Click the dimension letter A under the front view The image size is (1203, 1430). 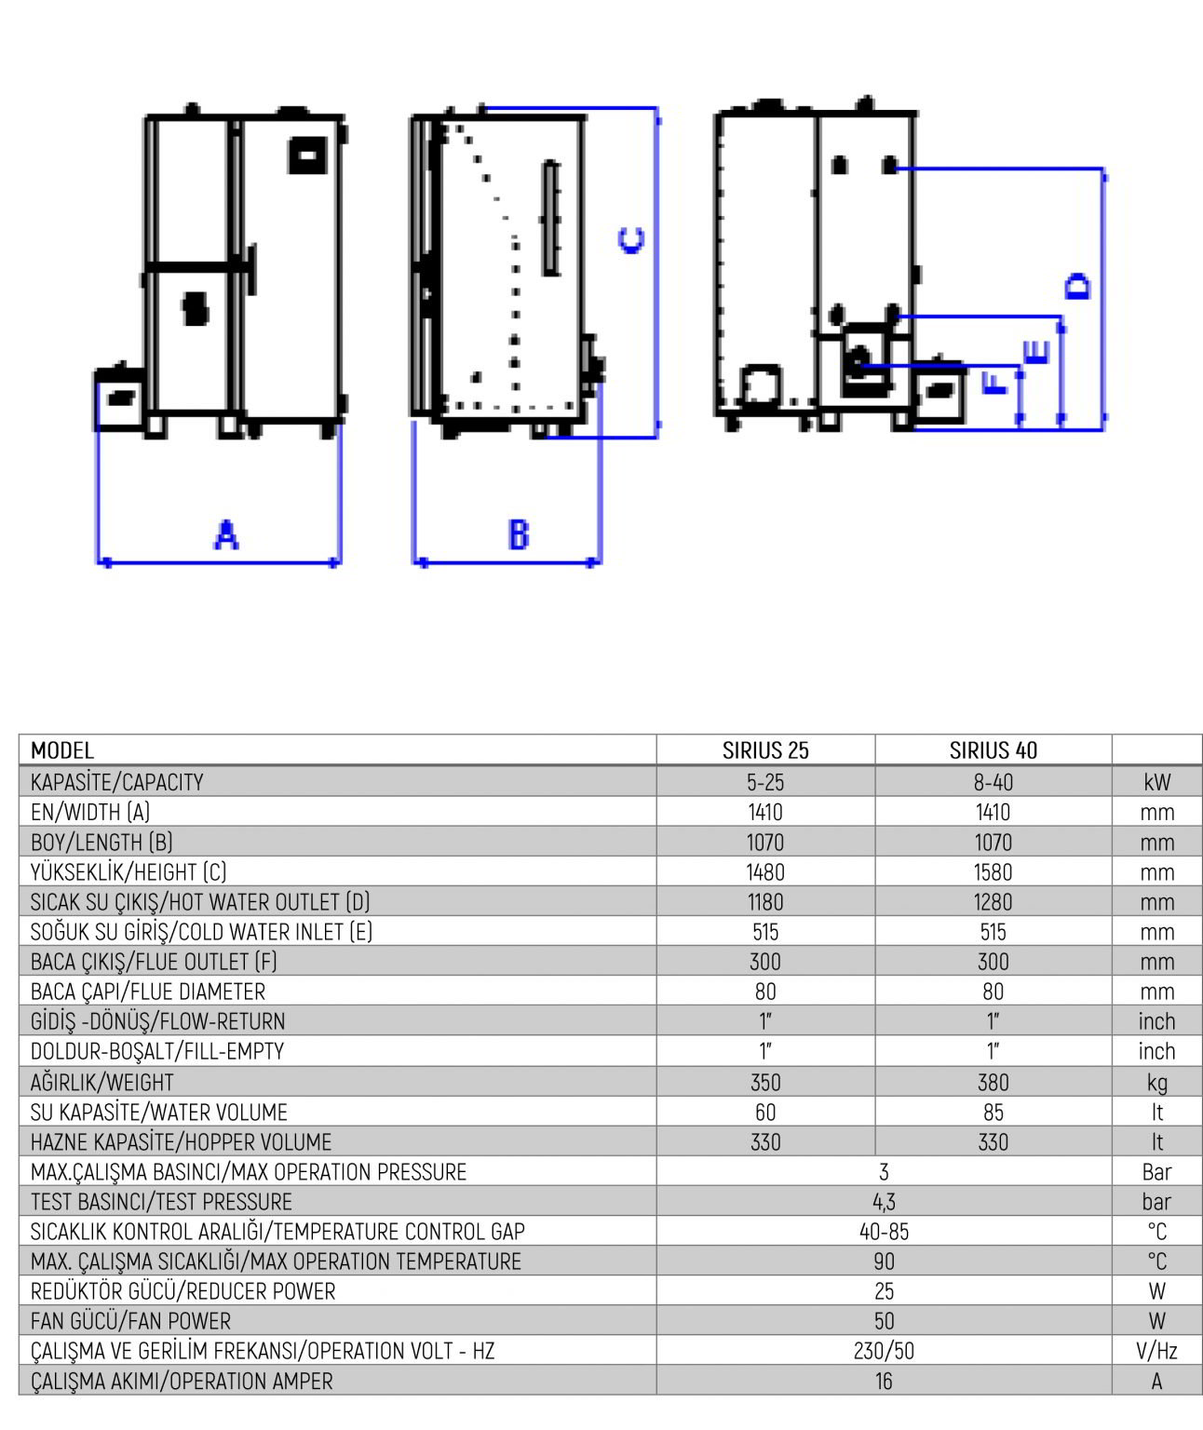[226, 535]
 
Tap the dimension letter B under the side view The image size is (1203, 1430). [519, 535]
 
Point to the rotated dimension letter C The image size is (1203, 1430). [631, 240]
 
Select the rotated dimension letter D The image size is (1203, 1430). [1077, 286]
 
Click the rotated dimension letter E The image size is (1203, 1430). [1035, 353]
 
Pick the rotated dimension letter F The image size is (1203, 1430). [995, 382]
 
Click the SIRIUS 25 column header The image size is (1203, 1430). [765, 750]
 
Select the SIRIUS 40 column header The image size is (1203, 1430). [993, 750]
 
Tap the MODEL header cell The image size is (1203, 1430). [62, 750]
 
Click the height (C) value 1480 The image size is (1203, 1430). [765, 871]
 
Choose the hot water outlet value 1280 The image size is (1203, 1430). [993, 902]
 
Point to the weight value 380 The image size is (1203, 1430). [993, 1082]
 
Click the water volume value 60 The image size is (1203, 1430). [765, 1113]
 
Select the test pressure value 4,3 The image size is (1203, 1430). [884, 1202]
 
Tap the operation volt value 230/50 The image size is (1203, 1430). [884, 1351]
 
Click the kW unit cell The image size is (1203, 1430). [1157, 781]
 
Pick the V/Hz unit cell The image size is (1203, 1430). [1157, 1351]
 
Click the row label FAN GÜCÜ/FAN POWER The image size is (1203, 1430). [131, 1320]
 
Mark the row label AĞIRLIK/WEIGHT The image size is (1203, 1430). [102, 1082]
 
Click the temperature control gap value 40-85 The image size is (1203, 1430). [884, 1232]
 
